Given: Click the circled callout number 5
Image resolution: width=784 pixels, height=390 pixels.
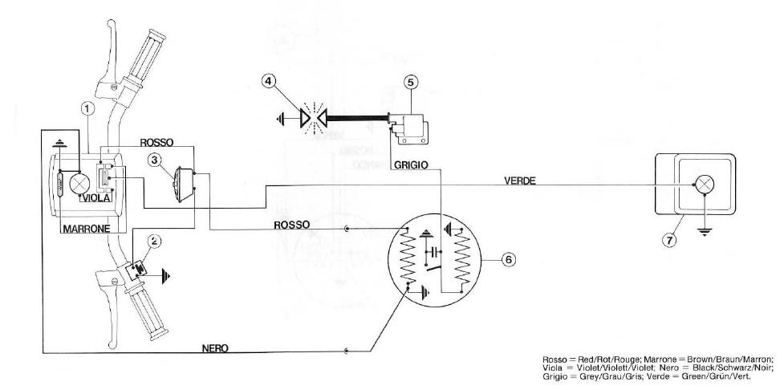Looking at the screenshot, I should [x=410, y=81].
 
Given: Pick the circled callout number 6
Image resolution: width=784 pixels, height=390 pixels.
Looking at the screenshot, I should [x=507, y=258].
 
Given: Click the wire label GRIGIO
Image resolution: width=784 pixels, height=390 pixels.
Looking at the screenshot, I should [x=411, y=165].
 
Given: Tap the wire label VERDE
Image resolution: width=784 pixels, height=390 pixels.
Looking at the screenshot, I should [x=519, y=181].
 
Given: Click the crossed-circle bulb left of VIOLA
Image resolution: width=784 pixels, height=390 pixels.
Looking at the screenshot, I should [x=79, y=185].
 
